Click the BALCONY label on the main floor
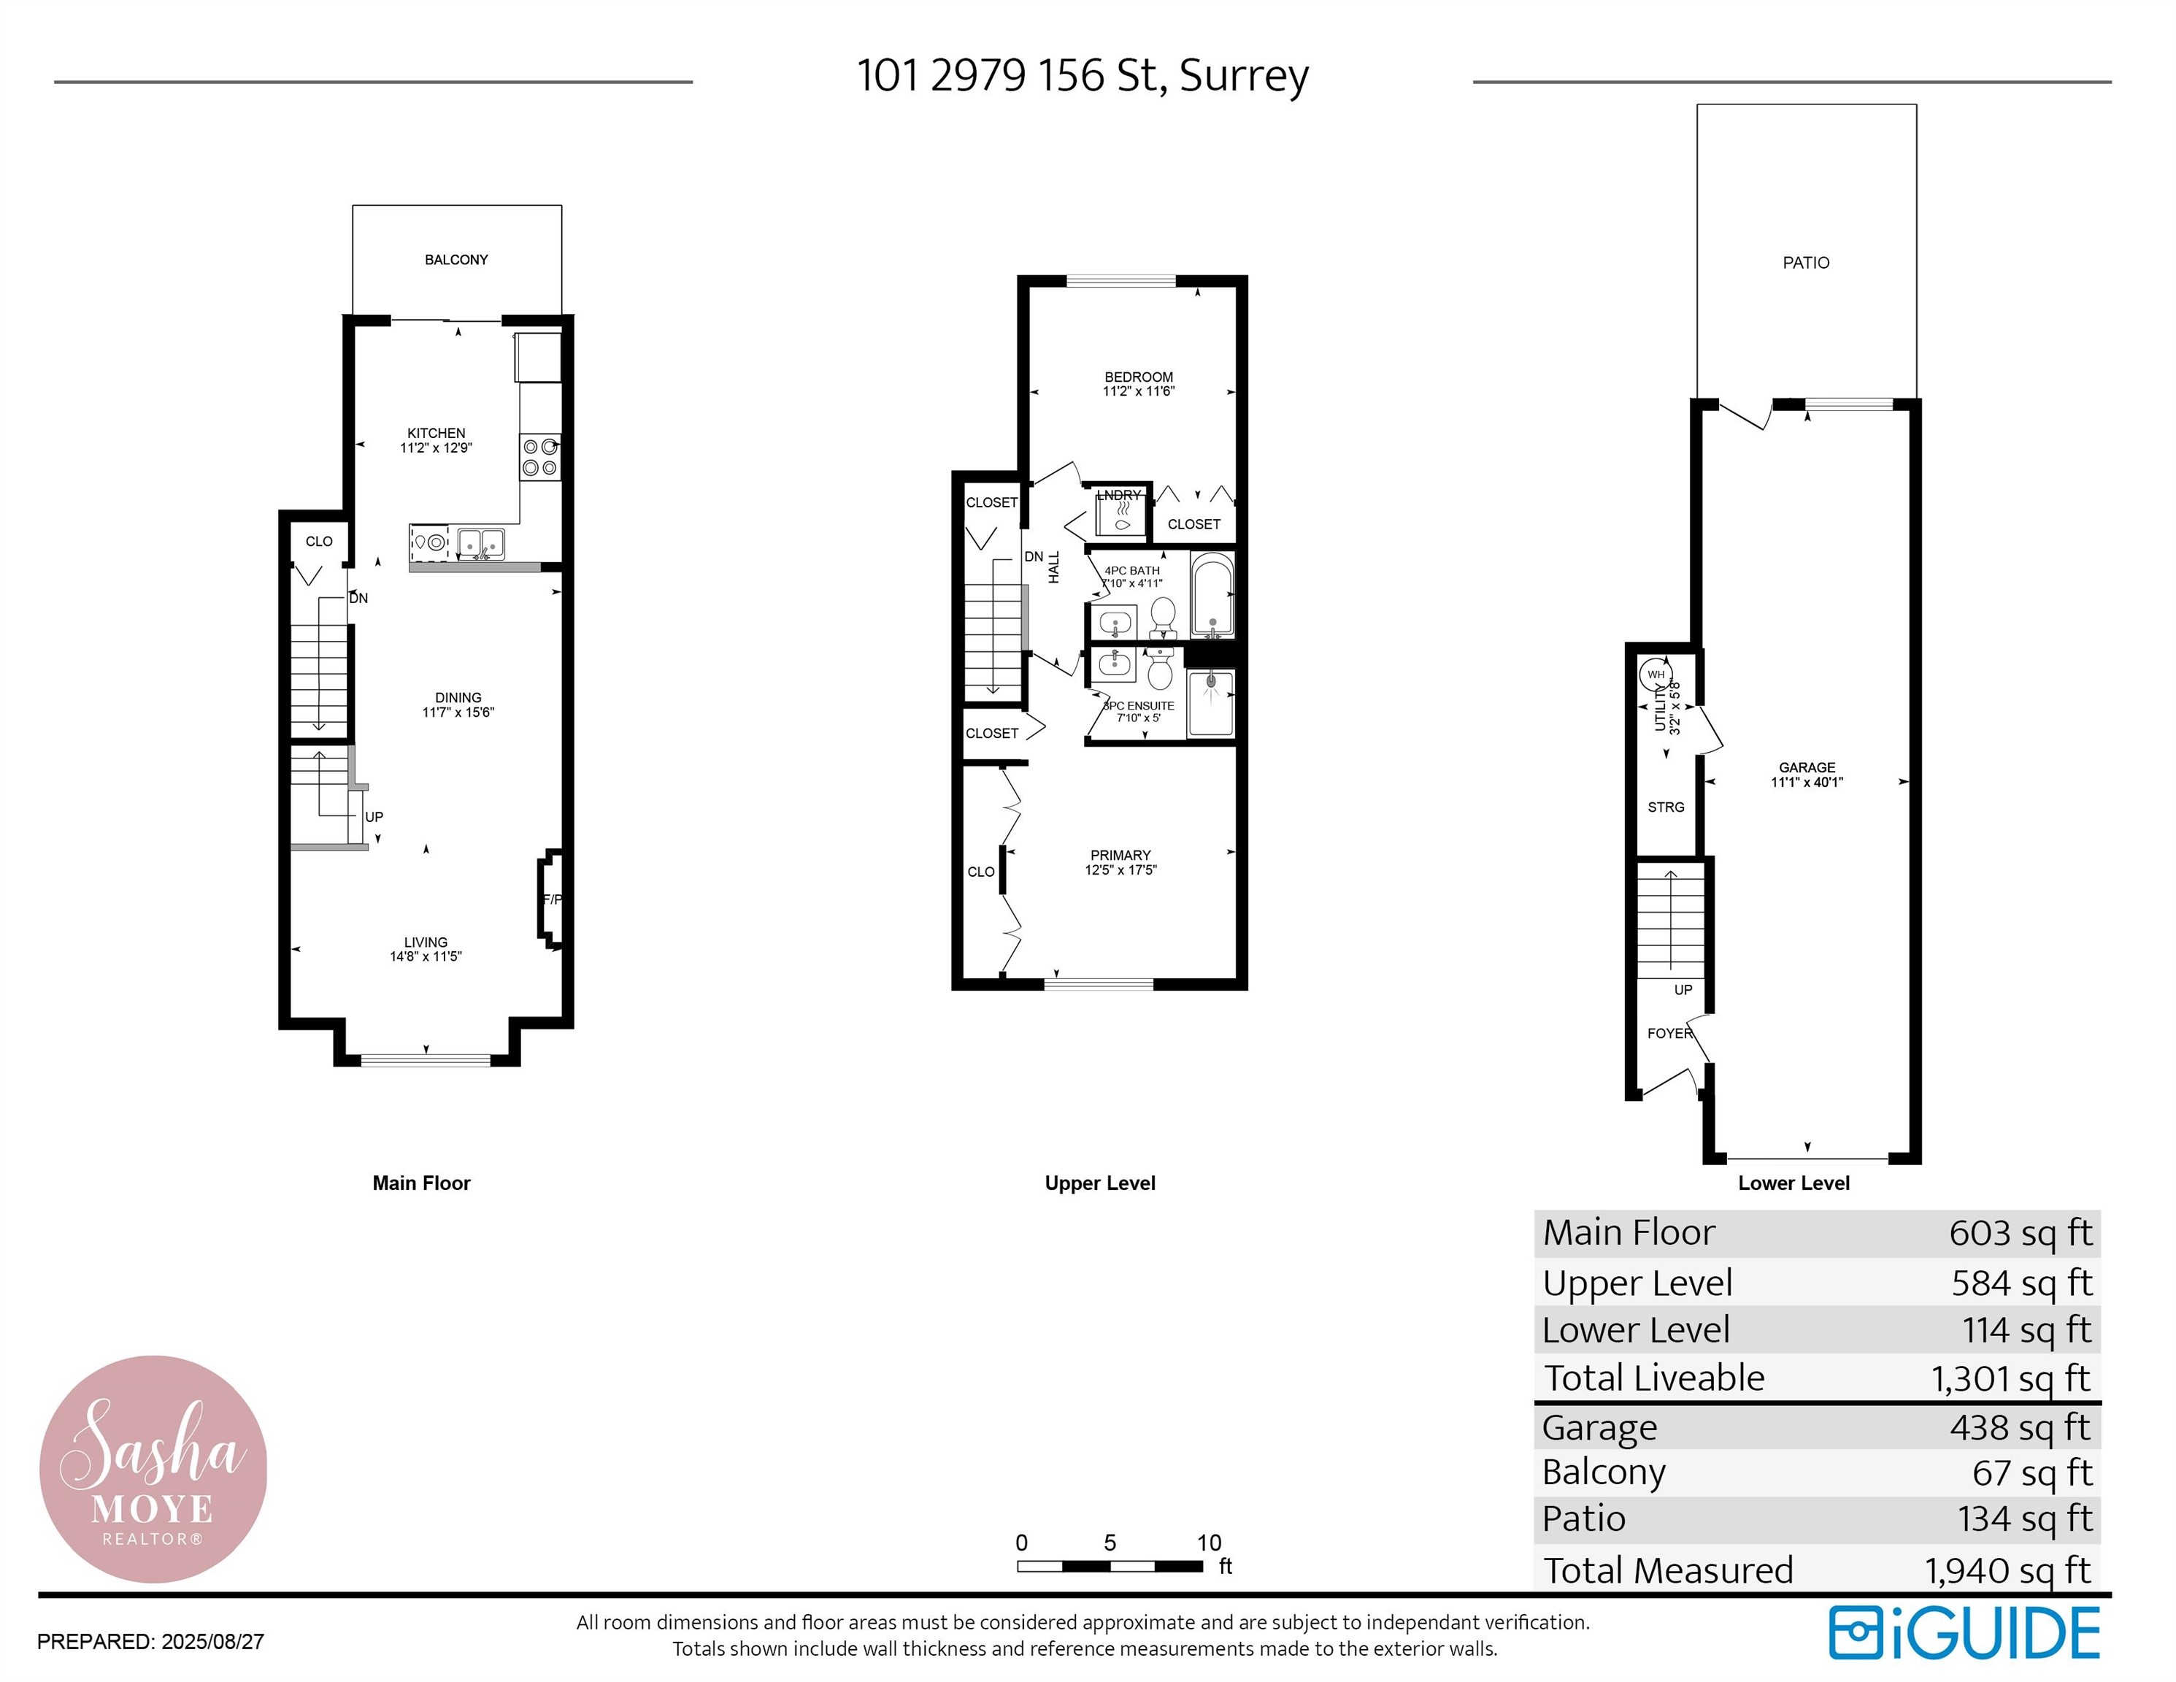456,260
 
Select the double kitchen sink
480,544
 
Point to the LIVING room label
426,942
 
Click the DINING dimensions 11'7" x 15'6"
458,713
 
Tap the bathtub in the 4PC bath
1212,595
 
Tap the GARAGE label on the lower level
1807,767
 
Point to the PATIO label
1805,263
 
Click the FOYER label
1669,1033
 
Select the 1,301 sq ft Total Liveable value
2010,1378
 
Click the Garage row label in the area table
1599,1427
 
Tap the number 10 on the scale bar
1209,1543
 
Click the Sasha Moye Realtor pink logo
153,1468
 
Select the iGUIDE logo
1964,1633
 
